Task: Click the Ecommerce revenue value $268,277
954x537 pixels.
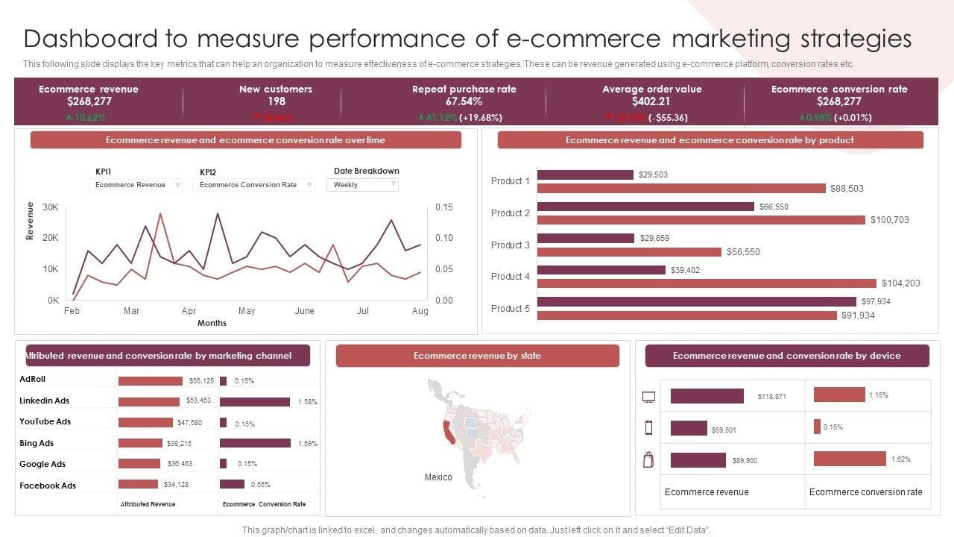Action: (x=89, y=101)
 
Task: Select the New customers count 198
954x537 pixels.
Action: (x=276, y=101)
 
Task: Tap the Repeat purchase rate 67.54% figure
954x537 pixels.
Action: (x=464, y=101)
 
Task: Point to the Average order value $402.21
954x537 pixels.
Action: (x=651, y=101)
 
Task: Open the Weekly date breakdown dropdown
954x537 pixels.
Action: (x=362, y=185)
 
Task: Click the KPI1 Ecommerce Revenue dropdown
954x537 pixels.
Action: (x=136, y=185)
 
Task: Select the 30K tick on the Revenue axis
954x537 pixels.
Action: (x=51, y=207)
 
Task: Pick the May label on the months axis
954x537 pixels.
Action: (x=247, y=311)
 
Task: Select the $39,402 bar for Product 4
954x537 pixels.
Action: (x=601, y=270)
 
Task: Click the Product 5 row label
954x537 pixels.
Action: (x=511, y=309)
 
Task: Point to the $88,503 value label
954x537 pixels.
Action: (x=847, y=189)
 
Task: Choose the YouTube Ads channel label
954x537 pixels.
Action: (x=45, y=421)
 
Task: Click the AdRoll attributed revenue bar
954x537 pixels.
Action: (x=151, y=381)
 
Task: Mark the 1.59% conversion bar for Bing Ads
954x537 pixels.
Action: (x=255, y=443)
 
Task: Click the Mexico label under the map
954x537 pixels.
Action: (x=438, y=477)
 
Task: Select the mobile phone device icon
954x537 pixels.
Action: (x=648, y=427)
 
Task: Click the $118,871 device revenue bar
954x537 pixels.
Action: (x=707, y=396)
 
